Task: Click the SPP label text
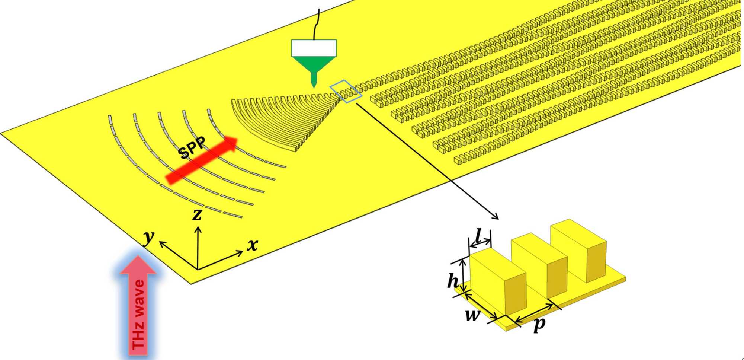point(192,147)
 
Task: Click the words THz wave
point(138,315)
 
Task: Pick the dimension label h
point(453,281)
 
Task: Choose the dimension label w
point(472,315)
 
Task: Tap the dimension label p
point(539,324)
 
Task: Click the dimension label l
point(479,235)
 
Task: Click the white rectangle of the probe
point(314,48)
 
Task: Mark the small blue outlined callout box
point(346,91)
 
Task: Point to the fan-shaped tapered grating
point(286,119)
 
